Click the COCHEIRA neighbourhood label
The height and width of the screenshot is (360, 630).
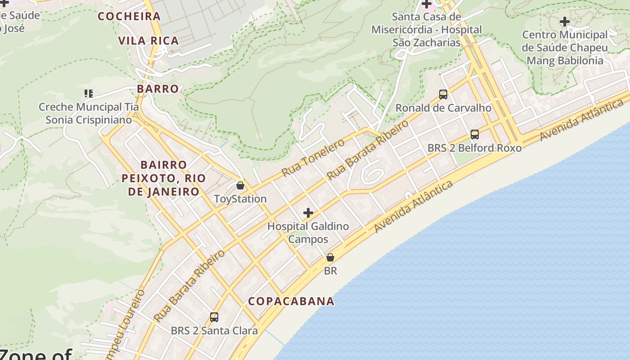pos(129,16)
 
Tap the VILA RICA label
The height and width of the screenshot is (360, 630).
pos(148,40)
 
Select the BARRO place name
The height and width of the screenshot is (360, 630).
pos(157,89)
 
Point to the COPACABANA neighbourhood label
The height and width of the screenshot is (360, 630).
pos(291,301)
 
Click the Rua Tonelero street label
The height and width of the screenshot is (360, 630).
pos(313,158)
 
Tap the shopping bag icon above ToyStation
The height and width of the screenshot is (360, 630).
pos(240,185)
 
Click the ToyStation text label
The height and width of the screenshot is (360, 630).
pos(240,199)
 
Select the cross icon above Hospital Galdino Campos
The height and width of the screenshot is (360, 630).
pos(308,213)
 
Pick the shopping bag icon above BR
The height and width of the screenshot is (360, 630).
pos(330,258)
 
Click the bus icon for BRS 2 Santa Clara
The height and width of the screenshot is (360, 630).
pos(214,317)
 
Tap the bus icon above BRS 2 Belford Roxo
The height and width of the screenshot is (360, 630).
pos(474,135)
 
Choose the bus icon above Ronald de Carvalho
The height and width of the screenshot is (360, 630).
pos(443,94)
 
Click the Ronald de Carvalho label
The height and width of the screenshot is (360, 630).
pos(443,108)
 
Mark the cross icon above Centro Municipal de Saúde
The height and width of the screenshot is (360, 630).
pos(565,21)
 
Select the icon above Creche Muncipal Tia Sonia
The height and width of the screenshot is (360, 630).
pos(88,94)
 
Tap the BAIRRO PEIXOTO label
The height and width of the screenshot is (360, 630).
pos(163,178)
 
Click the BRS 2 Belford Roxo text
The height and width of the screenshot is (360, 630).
pos(474,148)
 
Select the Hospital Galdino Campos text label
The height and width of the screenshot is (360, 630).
pos(308,232)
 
